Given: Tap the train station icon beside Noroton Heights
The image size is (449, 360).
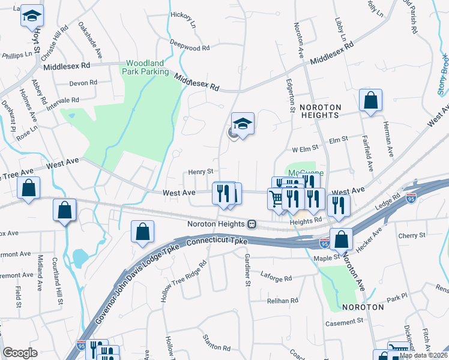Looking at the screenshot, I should tap(252, 224).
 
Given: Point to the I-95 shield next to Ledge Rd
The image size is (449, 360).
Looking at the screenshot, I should tap(411, 199).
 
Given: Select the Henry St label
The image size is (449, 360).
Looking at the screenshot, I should tap(201, 172).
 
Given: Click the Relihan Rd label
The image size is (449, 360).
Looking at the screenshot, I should tap(283, 301).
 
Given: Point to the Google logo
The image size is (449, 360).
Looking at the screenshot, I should tap(20, 353).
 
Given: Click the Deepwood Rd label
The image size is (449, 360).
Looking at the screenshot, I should tap(189, 47).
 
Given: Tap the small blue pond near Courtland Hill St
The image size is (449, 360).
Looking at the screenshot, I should tap(80, 258).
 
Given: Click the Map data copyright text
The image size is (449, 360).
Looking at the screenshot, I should tap(423, 355).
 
